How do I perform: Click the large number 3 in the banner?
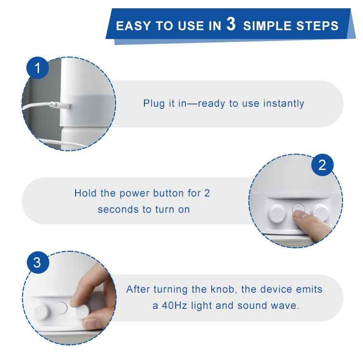[x=231, y=24]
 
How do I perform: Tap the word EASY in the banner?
[x=133, y=26]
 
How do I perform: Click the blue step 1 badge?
[x=38, y=68]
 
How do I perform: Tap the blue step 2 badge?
[x=322, y=165]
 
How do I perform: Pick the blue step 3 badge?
[x=38, y=262]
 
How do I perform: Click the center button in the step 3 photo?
[x=61, y=308]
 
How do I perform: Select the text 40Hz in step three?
[x=174, y=305]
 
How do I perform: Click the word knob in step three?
[x=222, y=289]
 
